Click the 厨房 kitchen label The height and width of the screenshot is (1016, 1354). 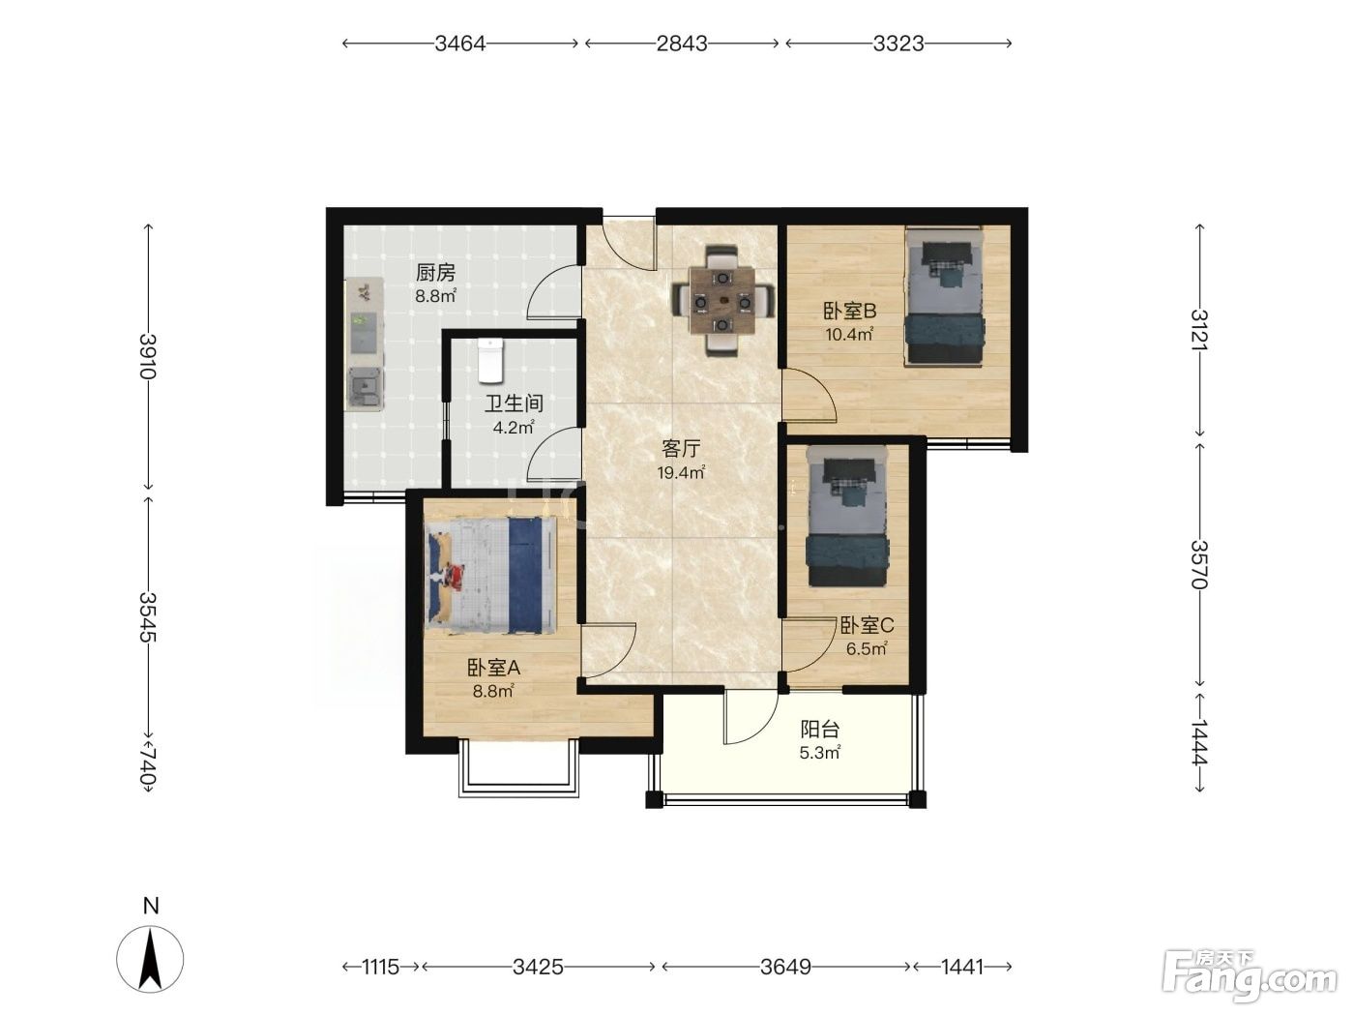(x=435, y=272)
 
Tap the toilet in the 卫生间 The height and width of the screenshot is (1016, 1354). (x=491, y=360)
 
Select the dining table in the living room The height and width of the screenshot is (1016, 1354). (x=721, y=302)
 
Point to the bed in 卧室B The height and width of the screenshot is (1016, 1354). (x=944, y=296)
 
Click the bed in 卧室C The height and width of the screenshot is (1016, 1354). (x=847, y=516)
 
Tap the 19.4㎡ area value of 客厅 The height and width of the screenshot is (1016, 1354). (x=681, y=473)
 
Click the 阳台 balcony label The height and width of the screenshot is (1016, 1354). (x=820, y=730)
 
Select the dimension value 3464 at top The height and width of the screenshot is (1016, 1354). (x=460, y=44)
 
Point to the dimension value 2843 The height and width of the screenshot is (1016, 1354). (x=682, y=44)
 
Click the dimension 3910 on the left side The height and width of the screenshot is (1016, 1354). (x=148, y=356)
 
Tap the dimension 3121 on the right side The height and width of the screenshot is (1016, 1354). (x=1198, y=330)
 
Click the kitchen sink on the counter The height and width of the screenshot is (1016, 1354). (x=365, y=388)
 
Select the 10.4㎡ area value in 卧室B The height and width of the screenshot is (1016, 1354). (x=849, y=335)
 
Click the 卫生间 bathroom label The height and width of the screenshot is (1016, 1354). (x=514, y=403)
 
